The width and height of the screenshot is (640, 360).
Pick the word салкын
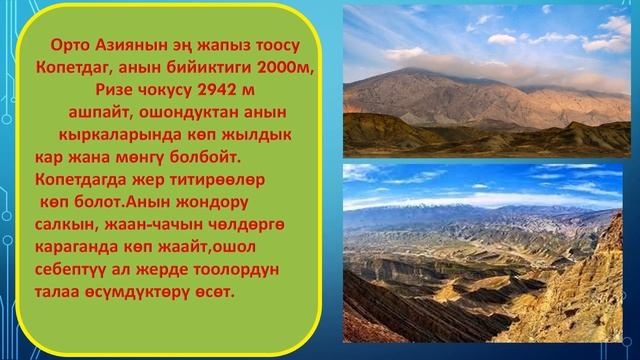(x=63, y=225)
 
